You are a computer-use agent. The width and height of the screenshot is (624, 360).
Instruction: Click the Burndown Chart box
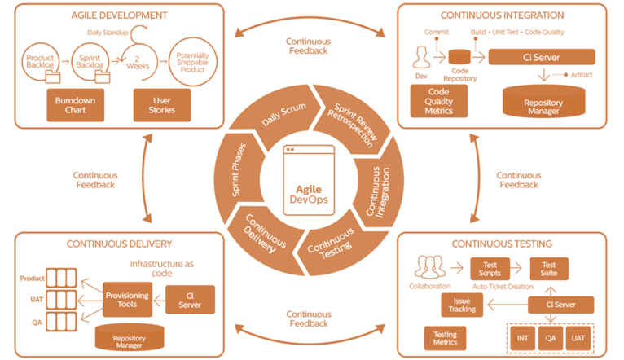pos(75,104)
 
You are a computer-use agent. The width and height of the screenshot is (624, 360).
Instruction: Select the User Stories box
pos(161,104)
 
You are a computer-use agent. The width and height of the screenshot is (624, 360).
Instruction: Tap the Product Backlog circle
pos(40,63)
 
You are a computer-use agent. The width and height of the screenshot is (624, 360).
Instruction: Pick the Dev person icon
pos(421,59)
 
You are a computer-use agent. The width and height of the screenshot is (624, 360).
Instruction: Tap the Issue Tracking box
pos(461,305)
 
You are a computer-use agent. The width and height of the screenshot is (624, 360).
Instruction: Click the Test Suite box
pos(549,270)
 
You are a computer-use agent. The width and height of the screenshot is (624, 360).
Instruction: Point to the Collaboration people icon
pos(430,267)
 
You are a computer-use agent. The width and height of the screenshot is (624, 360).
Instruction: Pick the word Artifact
pos(581,75)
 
